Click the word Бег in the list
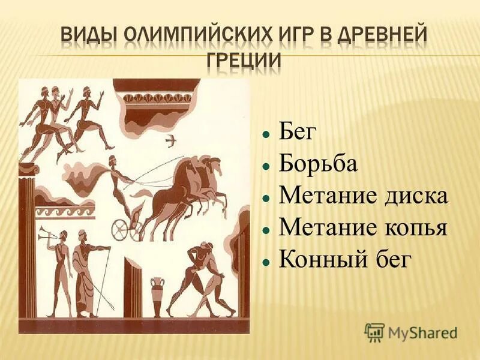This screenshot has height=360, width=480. pos(297,132)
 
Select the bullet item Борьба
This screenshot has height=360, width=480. pos(318,164)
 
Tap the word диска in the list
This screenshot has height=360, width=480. pos(413,196)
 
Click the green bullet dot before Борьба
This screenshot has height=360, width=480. pos(265,165)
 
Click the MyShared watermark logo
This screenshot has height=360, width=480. pos(411,331)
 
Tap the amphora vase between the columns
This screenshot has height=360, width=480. pos(157,295)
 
